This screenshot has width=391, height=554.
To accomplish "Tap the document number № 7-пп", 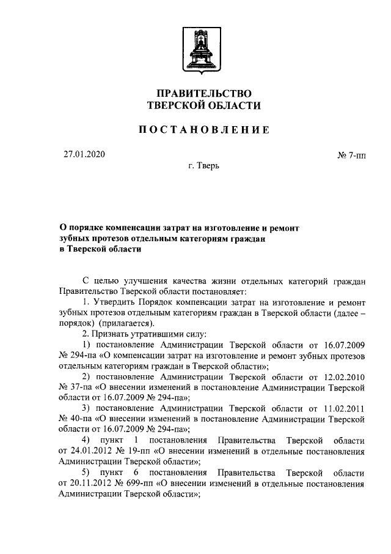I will point(351,156).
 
